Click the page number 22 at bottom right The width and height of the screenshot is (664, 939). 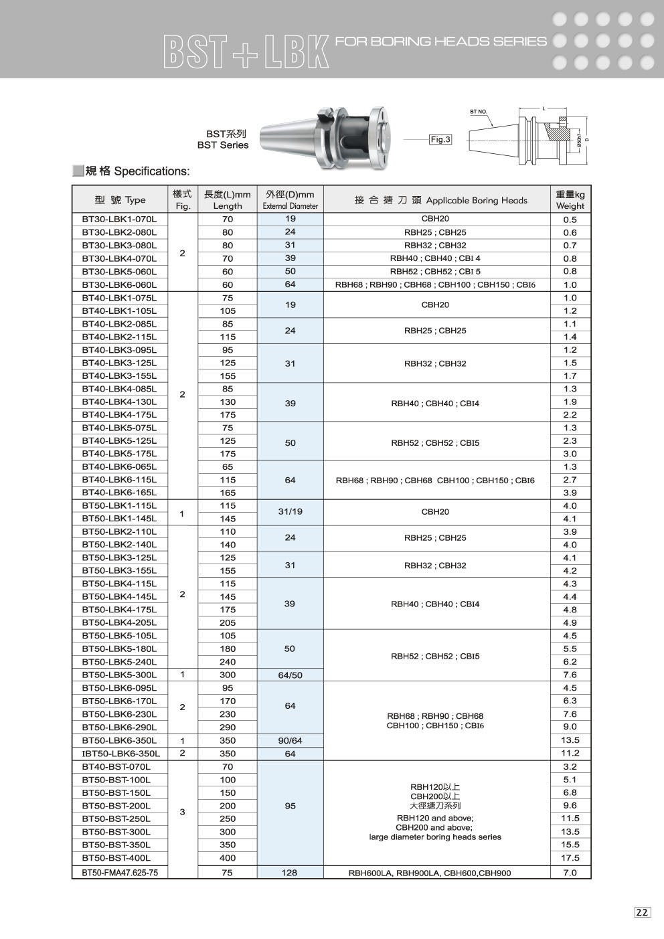pyautogui.click(x=642, y=912)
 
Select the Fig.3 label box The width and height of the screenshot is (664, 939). pyautogui.click(x=440, y=140)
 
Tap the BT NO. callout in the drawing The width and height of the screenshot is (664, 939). pyautogui.click(x=478, y=112)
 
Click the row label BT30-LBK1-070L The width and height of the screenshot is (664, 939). pyautogui.click(x=119, y=219)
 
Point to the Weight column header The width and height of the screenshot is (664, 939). pyautogui.click(x=570, y=199)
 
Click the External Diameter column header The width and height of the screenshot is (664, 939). pyautogui.click(x=290, y=199)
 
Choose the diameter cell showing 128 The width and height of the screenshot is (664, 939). pyautogui.click(x=290, y=872)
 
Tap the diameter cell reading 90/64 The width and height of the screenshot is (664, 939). pyautogui.click(x=290, y=740)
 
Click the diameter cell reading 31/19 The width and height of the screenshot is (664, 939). pyautogui.click(x=290, y=512)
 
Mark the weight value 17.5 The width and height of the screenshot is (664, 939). pyautogui.click(x=570, y=857)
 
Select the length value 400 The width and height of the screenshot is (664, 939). pyautogui.click(x=228, y=857)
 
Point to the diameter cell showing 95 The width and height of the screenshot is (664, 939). pyautogui.click(x=290, y=806)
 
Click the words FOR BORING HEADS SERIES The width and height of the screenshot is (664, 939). pyautogui.click(x=440, y=41)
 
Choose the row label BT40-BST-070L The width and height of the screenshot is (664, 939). pyautogui.click(x=116, y=766)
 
